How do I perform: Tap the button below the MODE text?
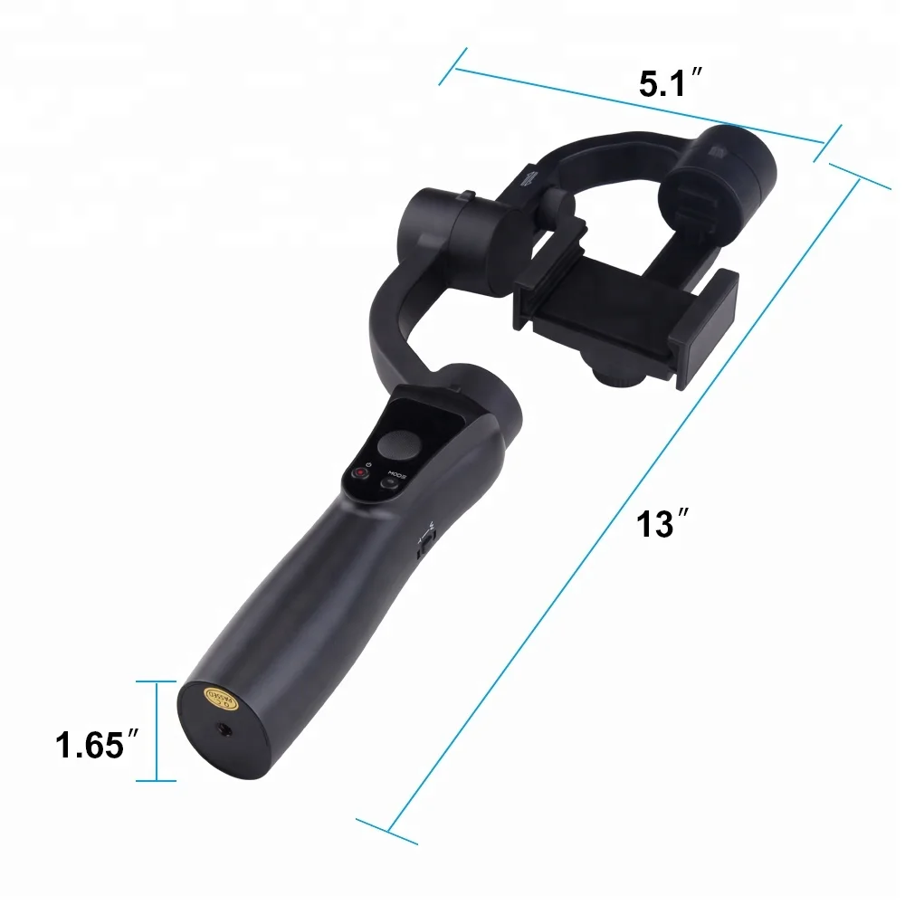pos(391,484)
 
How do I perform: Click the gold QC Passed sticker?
pos(222,700)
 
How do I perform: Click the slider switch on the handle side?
pos(425,542)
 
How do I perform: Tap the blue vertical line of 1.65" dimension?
pos(157,730)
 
